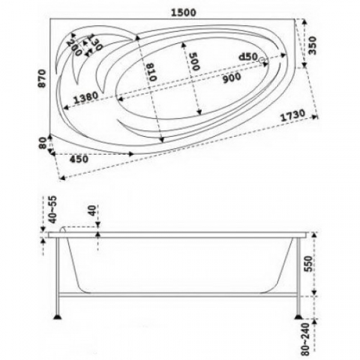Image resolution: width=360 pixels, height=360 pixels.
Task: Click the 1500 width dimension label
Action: (184, 12)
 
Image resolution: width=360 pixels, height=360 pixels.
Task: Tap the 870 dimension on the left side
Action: (42, 78)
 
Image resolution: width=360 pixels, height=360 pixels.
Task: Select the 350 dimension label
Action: (312, 45)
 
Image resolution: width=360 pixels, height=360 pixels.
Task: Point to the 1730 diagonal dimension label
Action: (293, 115)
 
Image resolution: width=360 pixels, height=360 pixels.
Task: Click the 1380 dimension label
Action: (86, 97)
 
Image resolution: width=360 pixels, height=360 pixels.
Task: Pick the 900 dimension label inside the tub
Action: (232, 78)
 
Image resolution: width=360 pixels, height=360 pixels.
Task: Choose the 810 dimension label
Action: (152, 72)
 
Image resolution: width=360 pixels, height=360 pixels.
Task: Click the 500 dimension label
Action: (195, 61)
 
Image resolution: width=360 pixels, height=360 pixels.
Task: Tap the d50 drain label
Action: (248, 56)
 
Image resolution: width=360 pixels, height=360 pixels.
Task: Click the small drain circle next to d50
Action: (262, 61)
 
